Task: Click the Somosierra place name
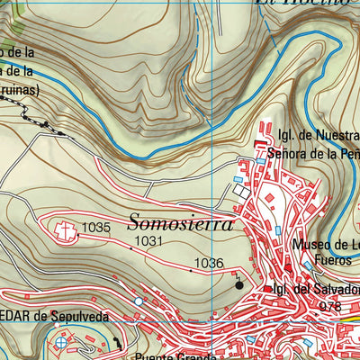pyautogui.click(x=181, y=222)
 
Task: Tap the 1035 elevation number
pyautogui.click(x=95, y=229)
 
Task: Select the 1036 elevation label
pyautogui.click(x=208, y=263)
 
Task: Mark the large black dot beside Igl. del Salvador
pyautogui.click(x=238, y=285)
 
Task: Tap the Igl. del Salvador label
pyautogui.click(x=314, y=291)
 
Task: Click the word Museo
pyautogui.click(x=312, y=245)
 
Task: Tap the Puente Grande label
pyautogui.click(x=166, y=354)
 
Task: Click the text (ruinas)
pyautogui.click(x=23, y=91)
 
